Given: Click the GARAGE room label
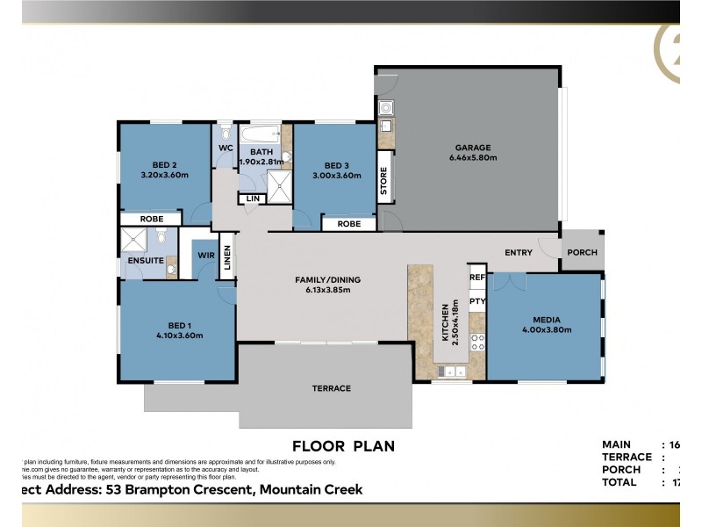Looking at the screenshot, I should (473, 148).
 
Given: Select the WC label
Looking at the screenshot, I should (225, 148).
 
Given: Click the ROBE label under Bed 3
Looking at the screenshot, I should (347, 225).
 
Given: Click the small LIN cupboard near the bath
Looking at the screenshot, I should (253, 199).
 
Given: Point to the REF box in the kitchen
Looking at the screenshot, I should (477, 278).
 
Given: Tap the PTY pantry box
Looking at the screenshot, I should (477, 301).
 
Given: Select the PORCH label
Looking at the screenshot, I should (582, 252).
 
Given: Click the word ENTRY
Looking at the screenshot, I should (518, 253).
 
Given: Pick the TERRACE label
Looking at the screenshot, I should (332, 388).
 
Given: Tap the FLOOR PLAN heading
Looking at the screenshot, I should (342, 446).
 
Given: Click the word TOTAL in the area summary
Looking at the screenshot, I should (620, 482).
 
